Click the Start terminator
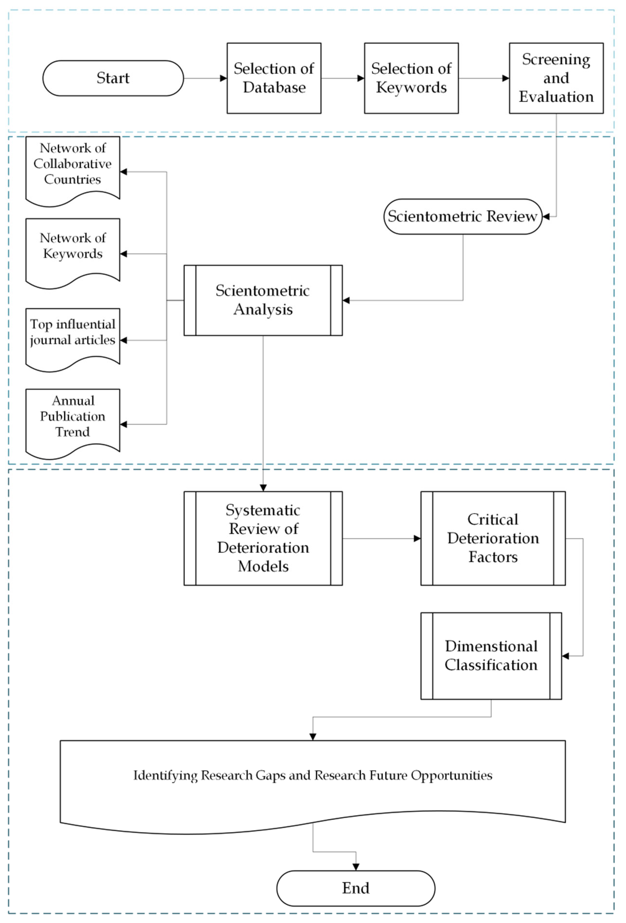tap(113, 78)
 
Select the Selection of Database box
tap(274, 78)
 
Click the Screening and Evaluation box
tap(556, 78)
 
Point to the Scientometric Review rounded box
tap(463, 216)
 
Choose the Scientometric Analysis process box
tap(263, 300)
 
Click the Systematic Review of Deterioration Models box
tap(263, 538)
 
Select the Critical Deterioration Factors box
tap(493, 538)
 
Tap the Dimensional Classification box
tap(491, 655)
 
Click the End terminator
tap(356, 888)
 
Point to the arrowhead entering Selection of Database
tap(223, 78)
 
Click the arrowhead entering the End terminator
tap(356, 867)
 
